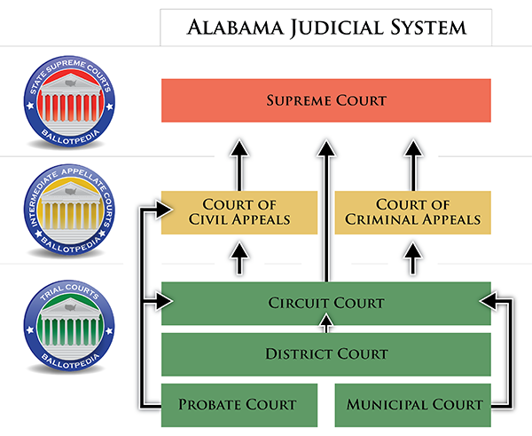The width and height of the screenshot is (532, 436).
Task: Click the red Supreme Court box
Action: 326,100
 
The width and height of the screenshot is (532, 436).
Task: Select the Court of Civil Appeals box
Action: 239,212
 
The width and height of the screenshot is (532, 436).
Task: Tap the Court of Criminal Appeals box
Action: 413,212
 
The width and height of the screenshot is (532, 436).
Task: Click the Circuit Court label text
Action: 326,303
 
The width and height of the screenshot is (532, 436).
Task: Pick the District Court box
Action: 326,354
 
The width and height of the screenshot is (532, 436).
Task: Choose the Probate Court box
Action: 239,405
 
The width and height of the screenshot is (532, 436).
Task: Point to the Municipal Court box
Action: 413,405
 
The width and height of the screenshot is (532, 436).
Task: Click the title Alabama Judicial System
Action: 326,28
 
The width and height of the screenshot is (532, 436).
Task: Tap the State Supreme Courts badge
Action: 69,101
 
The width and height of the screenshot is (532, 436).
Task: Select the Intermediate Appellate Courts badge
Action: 69,210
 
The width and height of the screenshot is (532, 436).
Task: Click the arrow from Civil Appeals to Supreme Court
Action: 239,165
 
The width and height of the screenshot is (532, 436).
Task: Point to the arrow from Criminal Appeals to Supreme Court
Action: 413,165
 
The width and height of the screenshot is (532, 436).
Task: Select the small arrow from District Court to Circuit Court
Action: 326,323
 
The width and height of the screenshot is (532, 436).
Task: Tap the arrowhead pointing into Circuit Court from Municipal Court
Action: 488,300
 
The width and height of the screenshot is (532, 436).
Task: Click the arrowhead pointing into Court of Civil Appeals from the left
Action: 164,209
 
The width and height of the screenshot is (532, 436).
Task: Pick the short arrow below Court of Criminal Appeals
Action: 413,258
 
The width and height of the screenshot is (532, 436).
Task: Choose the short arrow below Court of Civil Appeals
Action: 239,258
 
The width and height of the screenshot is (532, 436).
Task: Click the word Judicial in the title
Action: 337,28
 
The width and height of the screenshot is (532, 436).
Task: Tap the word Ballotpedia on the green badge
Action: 70,361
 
